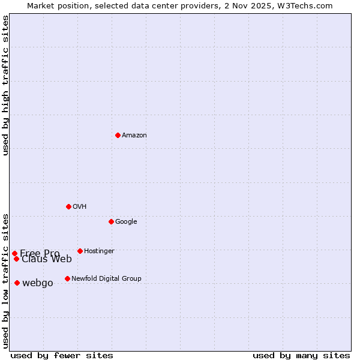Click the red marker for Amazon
pos(118,135)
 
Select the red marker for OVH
pos(68,206)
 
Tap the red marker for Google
pos(111,221)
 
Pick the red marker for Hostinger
pos(80,251)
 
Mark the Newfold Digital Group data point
pos(67,278)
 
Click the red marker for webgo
pos(17,283)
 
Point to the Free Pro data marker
pos(14,253)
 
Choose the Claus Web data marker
pos(16,259)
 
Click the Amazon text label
pos(134,136)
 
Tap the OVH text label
pos(80,207)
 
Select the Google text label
pos(126,222)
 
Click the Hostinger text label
pos(99,251)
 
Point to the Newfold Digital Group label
pos(106,279)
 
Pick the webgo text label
pos(38,283)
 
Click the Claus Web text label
pos(47,259)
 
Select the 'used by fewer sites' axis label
pos(62,355)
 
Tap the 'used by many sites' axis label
pos(301,355)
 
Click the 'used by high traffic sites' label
pos(6,85)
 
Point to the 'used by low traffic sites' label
pos(6,280)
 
